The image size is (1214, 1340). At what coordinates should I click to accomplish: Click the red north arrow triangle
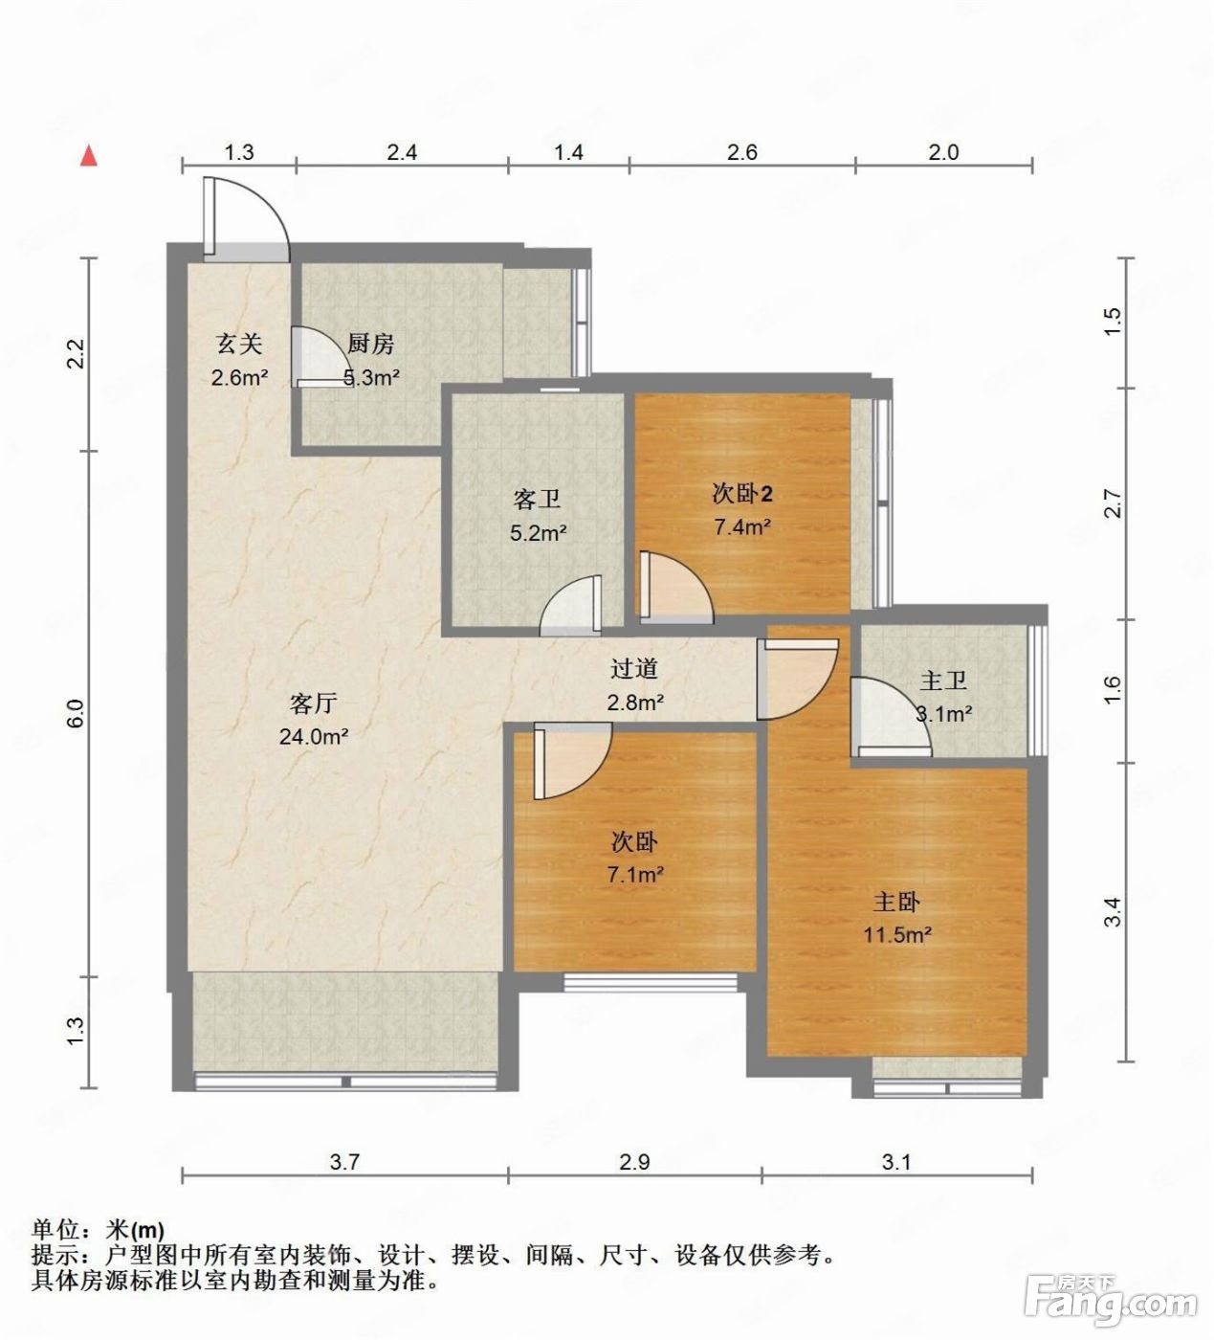click(89, 156)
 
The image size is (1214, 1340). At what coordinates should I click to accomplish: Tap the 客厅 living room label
click(313, 703)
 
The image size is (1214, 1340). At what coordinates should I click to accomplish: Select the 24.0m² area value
click(314, 737)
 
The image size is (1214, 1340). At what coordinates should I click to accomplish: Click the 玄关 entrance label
click(239, 344)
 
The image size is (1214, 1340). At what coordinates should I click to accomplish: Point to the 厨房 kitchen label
click(370, 344)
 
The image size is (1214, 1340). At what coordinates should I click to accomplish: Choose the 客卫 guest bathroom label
click(537, 499)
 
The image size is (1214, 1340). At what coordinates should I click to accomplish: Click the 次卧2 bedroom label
click(742, 494)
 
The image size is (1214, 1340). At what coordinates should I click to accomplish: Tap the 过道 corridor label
click(634, 669)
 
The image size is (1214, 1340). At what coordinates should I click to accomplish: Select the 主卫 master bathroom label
click(943, 681)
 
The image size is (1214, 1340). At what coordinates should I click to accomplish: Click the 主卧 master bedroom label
click(896, 903)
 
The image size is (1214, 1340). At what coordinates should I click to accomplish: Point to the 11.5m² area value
click(897, 935)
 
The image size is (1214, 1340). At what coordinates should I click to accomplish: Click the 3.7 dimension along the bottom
click(344, 1162)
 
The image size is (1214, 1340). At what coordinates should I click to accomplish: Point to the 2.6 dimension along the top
click(742, 152)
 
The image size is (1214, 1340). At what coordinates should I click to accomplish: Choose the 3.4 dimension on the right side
click(1112, 912)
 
